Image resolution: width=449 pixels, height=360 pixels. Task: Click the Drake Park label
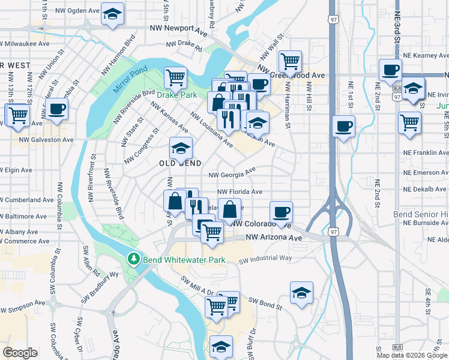click(176, 95)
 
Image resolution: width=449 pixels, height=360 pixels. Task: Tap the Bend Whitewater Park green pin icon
click(133, 259)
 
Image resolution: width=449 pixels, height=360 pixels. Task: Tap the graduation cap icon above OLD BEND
click(181, 147)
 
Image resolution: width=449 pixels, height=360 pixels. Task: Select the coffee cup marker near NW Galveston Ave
click(57, 109)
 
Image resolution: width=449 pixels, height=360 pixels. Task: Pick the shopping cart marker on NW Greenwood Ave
click(290, 61)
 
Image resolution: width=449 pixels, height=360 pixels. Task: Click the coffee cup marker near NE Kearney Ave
click(390, 69)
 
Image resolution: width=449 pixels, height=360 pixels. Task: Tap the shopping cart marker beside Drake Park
click(175, 77)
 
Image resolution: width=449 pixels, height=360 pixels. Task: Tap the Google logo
click(20, 353)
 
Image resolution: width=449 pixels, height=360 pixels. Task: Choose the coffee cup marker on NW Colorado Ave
click(281, 211)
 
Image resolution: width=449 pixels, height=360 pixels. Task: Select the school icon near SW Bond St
click(301, 292)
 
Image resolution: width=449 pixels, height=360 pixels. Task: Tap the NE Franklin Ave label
click(426, 154)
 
